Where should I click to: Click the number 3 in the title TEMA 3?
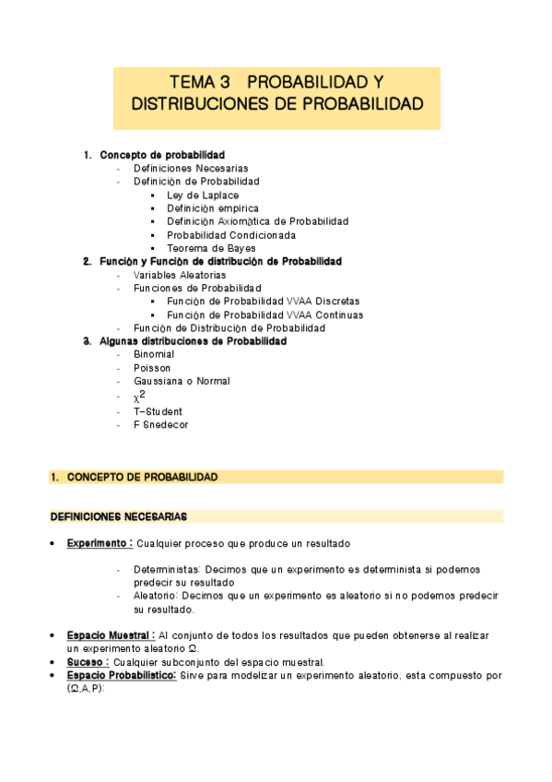[217, 83]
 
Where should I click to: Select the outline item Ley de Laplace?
[202, 195]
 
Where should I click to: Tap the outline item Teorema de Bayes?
[211, 248]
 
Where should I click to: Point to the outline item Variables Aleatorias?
[179, 275]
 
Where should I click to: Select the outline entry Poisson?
[152, 367]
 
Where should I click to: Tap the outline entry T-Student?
[158, 411]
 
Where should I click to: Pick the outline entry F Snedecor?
[160, 425]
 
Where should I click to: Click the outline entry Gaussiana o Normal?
[182, 381]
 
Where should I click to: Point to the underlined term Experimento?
[99, 542]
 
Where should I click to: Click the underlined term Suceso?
[87, 661]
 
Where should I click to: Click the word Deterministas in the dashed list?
[166, 569]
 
